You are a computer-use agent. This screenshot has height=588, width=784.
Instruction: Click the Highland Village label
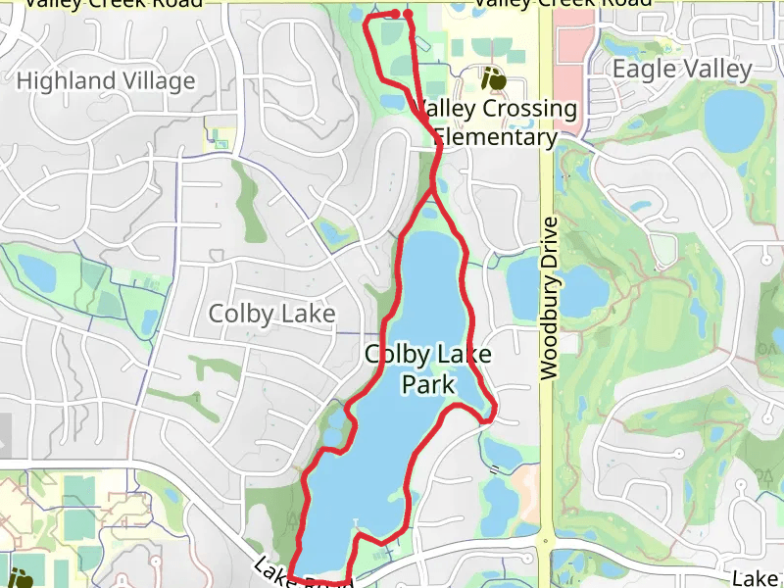click(106, 80)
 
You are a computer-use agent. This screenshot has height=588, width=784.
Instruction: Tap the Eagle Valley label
click(682, 69)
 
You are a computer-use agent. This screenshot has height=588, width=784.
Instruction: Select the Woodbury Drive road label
click(549, 298)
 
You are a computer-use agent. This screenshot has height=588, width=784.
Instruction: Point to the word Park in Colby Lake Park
click(428, 383)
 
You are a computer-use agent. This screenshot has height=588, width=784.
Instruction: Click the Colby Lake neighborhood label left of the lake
click(271, 314)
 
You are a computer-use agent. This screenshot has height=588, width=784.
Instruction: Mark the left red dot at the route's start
click(395, 14)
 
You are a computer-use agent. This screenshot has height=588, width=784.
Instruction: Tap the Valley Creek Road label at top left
click(113, 3)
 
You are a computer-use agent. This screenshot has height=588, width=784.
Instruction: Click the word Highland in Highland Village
click(65, 80)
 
